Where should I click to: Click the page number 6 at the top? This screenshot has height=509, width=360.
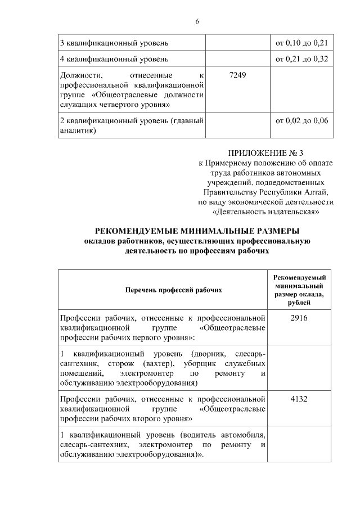197,21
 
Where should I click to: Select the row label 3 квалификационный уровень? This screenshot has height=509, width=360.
114,43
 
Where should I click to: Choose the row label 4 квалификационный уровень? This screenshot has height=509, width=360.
114,59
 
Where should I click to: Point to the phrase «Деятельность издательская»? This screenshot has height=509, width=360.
266,212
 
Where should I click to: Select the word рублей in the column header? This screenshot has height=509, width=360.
299,303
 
